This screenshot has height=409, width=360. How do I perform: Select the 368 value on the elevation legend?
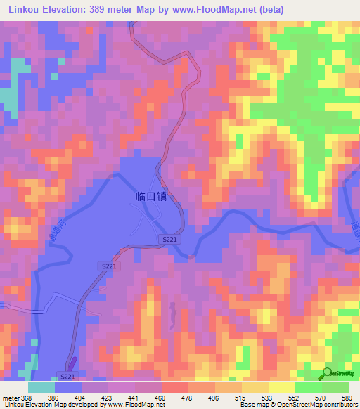point(27,397)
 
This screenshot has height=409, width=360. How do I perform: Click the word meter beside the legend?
point(11,397)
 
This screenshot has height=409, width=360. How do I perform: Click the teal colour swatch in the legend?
point(41,387)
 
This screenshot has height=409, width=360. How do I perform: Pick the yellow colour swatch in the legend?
point(281,387)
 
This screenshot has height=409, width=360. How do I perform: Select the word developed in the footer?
point(89,405)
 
